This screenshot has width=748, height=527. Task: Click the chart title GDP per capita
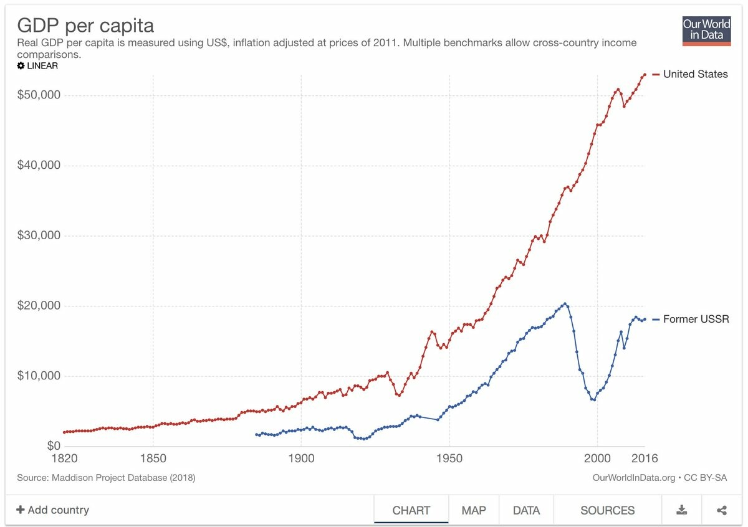(85, 26)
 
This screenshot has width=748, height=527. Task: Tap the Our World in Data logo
(706, 30)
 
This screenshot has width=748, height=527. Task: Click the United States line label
(695, 74)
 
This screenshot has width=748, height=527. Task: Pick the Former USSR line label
(696, 320)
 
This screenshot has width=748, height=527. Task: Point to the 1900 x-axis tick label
(301, 459)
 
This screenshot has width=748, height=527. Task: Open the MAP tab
(474, 510)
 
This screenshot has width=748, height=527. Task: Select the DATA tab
(526, 510)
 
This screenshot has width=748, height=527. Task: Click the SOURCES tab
(607, 510)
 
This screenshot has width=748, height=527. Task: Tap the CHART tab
(411, 510)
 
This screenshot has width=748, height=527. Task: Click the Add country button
(53, 510)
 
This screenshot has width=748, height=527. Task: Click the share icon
(722, 510)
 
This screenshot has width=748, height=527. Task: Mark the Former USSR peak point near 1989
(565, 304)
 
